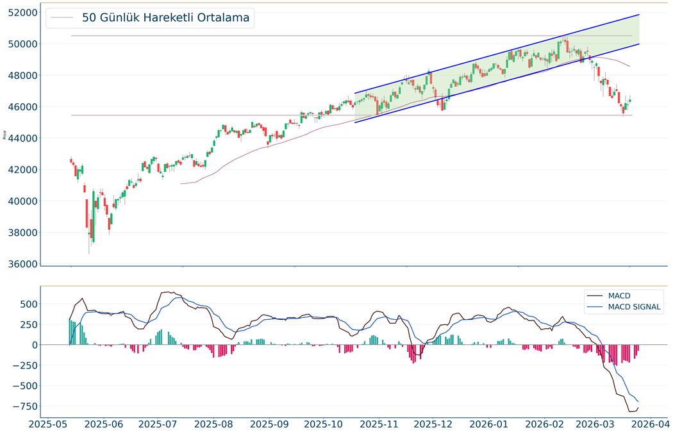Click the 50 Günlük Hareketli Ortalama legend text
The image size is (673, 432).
click(165, 18)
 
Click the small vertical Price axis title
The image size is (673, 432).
click(5, 135)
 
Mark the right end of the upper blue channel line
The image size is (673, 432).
click(639, 14)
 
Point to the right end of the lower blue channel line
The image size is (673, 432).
click(639, 44)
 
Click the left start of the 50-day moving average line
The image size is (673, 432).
click(181, 184)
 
